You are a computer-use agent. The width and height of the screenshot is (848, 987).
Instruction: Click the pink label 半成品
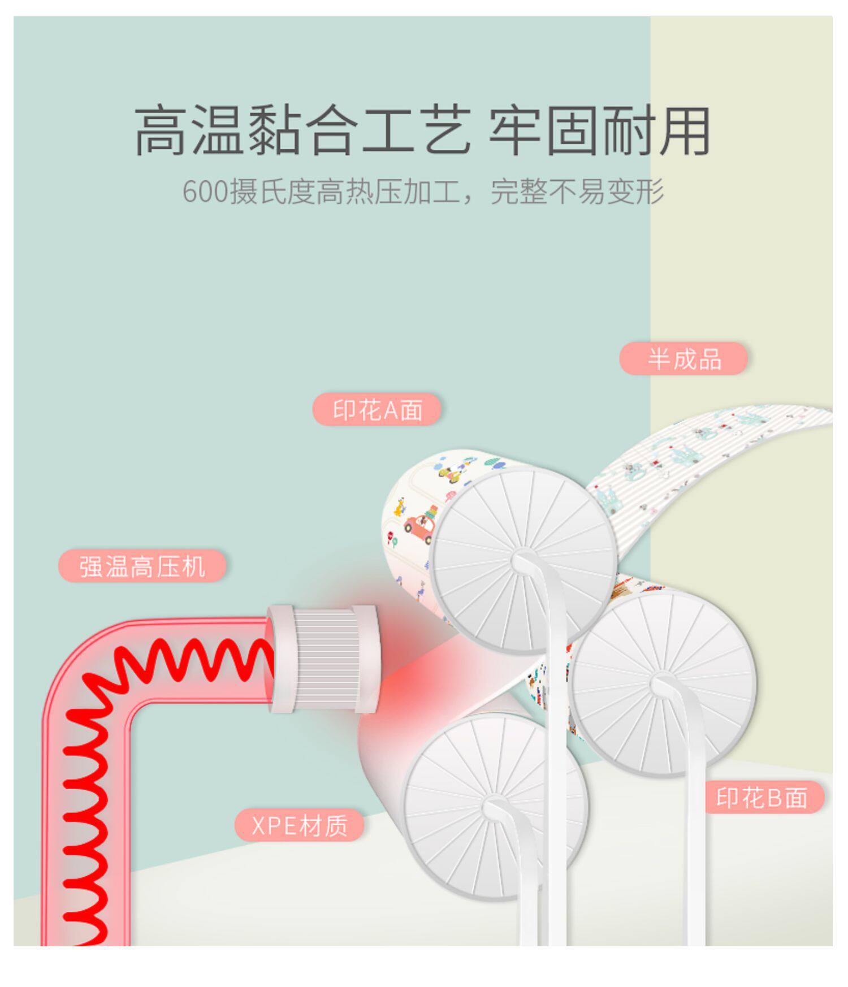point(683,358)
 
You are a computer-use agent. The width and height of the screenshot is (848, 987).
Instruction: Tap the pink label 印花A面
point(377,410)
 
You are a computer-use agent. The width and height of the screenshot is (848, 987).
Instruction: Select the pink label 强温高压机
point(142,566)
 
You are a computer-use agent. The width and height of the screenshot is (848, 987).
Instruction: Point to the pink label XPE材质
point(299,825)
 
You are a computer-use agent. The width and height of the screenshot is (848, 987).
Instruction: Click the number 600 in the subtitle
point(205,192)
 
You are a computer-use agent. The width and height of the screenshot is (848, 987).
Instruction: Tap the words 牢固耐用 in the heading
point(599,131)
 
